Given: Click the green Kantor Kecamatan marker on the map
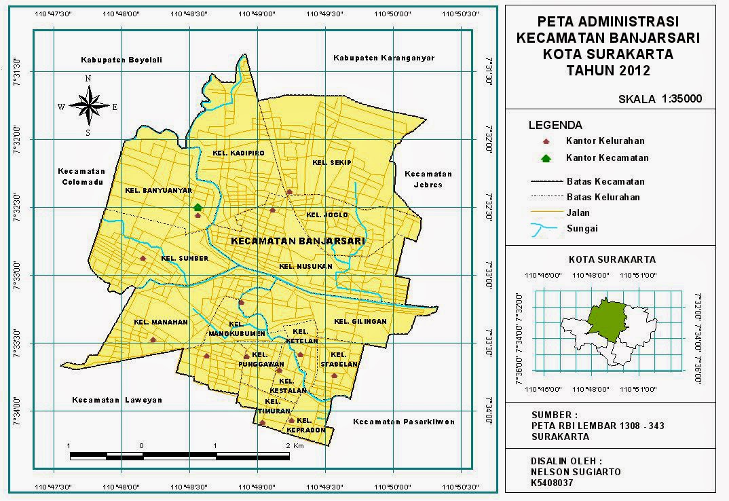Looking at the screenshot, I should click(x=198, y=207).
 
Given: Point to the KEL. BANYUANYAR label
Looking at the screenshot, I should click(x=149, y=191).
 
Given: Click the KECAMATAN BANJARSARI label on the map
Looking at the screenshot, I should click(x=298, y=241).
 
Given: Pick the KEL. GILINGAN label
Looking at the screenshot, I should click(x=360, y=321).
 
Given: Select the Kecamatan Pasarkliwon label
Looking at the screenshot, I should click(x=404, y=422).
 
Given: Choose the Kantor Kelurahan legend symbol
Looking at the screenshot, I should click(x=544, y=141).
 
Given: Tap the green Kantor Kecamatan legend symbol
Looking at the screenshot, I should click(x=544, y=157).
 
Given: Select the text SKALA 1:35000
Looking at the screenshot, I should click(x=660, y=98).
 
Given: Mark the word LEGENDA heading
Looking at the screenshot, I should click(x=555, y=125).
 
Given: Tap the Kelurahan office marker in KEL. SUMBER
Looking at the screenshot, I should click(x=143, y=258).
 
